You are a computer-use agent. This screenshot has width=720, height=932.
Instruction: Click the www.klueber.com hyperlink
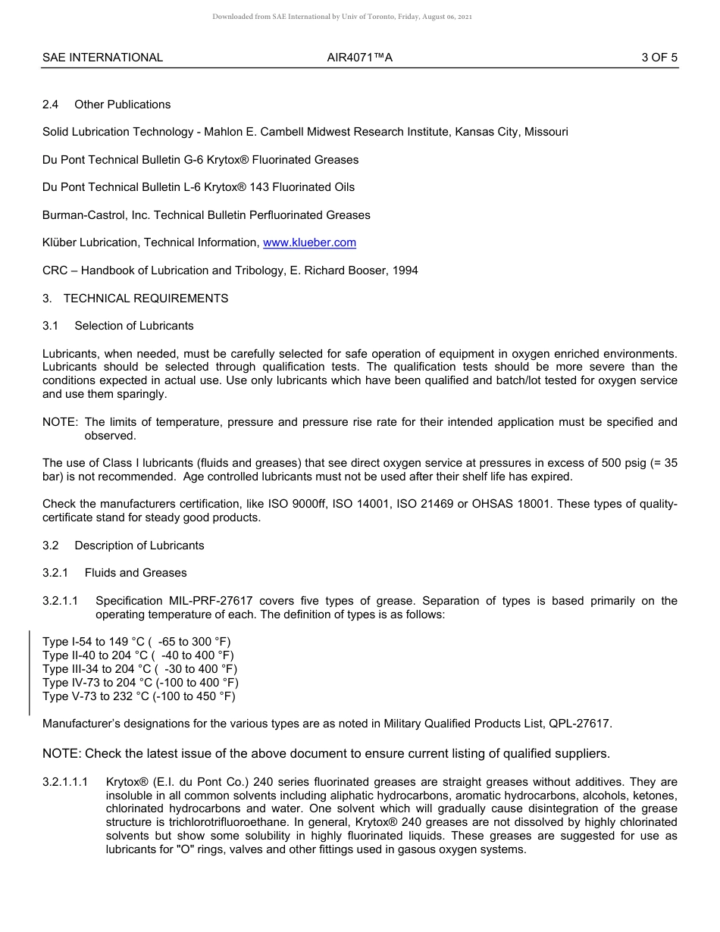309,242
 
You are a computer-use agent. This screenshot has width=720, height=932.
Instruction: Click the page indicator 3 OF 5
659,58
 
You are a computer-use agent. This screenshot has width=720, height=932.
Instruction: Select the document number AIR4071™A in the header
359,58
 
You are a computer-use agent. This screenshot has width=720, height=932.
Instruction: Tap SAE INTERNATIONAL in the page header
102,58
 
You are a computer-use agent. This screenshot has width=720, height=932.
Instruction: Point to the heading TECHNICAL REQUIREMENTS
146,299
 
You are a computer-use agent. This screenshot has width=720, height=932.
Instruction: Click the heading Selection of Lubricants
133,326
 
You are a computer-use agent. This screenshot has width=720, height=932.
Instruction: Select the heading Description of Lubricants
139,546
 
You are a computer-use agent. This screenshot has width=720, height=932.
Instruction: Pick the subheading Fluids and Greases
135,573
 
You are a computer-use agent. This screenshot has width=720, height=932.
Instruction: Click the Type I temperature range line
136,642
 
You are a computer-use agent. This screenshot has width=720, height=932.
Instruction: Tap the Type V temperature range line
139,696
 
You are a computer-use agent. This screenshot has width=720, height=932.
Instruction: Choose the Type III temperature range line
139,669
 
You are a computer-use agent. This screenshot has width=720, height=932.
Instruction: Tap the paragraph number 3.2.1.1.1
65,781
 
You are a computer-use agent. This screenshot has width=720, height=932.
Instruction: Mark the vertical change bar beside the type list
30,672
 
